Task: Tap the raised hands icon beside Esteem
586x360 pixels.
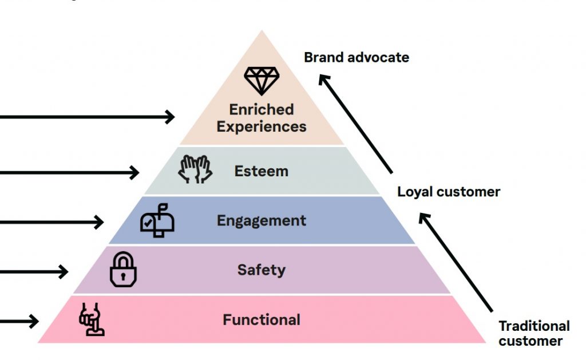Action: click(x=195, y=169)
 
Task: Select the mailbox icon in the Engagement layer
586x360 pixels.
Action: click(x=157, y=220)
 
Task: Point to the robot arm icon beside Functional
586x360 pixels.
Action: click(x=92, y=319)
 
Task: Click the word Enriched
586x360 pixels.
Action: click(x=262, y=109)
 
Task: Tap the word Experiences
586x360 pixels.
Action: click(x=262, y=126)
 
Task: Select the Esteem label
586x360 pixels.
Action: click(x=262, y=171)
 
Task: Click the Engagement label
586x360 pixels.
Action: click(x=262, y=220)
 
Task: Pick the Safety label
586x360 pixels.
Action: click(x=262, y=270)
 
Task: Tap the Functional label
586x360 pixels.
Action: click(x=262, y=319)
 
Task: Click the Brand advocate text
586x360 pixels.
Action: click(x=357, y=57)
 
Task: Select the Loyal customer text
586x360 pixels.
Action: click(x=449, y=192)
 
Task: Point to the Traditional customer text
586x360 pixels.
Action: click(x=534, y=333)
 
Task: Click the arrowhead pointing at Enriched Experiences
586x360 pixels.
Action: click(x=170, y=117)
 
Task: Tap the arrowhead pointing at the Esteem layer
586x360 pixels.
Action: click(x=135, y=172)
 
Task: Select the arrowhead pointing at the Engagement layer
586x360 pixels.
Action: click(x=100, y=221)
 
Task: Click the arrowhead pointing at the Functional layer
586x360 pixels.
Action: click(x=34, y=321)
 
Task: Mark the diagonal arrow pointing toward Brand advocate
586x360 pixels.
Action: click(x=356, y=124)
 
